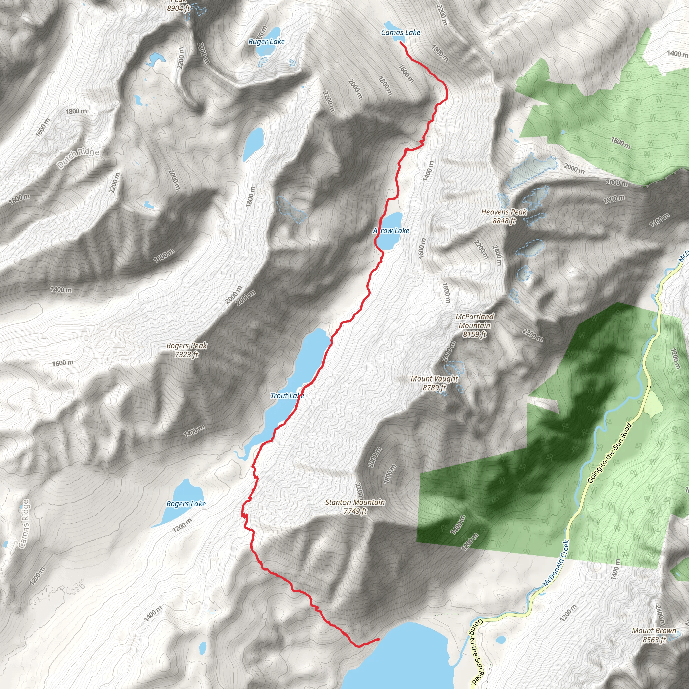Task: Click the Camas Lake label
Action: [x=400, y=32]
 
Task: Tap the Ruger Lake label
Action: [x=266, y=42]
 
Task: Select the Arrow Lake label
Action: [x=391, y=231]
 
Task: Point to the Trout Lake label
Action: [x=287, y=396]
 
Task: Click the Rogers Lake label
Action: [x=186, y=504]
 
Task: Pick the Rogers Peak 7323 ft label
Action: [x=186, y=350]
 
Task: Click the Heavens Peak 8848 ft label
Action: [x=504, y=216]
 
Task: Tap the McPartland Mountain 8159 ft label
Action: [x=475, y=325]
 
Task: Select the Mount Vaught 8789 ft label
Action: [x=434, y=383]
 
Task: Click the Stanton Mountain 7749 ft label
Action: [x=355, y=506]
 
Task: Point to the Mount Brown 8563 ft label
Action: [x=654, y=635]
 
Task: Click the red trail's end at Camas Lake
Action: [x=401, y=42]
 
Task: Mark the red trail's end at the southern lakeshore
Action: [x=378, y=639]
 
